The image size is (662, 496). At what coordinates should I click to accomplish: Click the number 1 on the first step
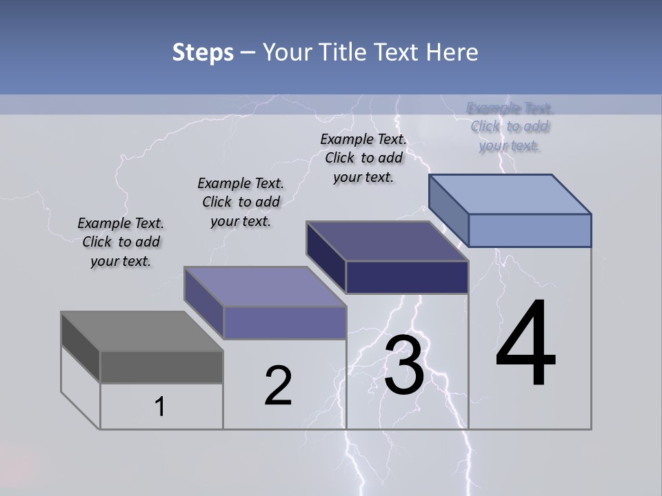160,407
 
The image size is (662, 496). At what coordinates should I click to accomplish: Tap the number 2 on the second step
279,386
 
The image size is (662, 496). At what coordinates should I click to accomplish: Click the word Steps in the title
203,52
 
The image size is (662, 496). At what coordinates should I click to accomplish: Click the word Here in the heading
452,52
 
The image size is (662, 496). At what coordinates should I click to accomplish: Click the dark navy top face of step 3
388,241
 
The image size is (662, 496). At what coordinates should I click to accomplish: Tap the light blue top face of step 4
510,194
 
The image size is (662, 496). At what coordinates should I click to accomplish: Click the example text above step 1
121,242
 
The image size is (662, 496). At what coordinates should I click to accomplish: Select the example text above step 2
241,202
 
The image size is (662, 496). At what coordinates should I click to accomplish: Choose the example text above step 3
363,158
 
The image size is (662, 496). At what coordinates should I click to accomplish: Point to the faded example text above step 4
510,127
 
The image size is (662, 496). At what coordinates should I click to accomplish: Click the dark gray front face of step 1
161,367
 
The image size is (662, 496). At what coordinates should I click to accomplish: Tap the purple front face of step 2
285,322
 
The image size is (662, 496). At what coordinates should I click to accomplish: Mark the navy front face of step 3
407,277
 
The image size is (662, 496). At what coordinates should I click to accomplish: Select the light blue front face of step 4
530,230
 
